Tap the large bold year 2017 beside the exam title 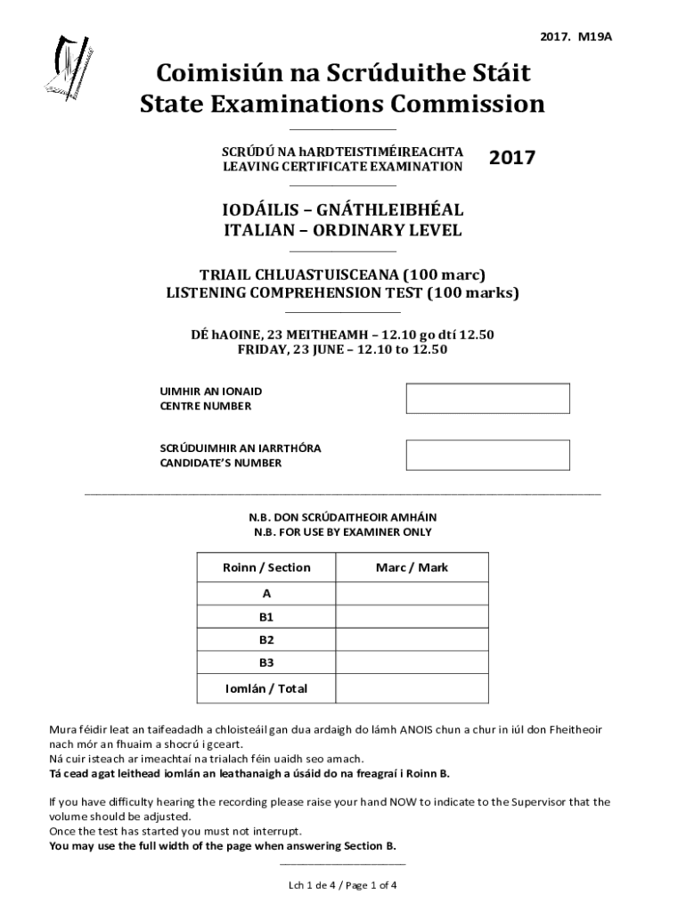pos(512,159)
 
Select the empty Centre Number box pos(487,399)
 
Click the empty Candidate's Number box pos(487,455)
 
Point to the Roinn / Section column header pos(266,568)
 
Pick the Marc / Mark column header pos(412,568)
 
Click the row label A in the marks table pos(266,593)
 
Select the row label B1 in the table pos(266,616)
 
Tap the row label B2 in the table pos(266,639)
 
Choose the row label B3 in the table pos(266,662)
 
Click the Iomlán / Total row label pos(266,688)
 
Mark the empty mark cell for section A pos(412,593)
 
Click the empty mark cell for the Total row pos(412,688)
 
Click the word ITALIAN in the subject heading pos(257,231)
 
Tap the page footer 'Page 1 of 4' pos(368,885)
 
